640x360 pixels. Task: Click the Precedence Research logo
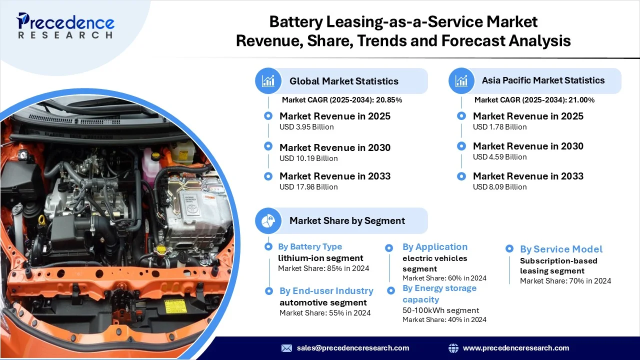[x=65, y=25]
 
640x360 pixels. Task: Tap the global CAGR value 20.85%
[x=389, y=100]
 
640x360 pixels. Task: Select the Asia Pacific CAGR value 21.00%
[x=581, y=100]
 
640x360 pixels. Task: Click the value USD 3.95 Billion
[x=306, y=127]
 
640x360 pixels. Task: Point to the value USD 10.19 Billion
[x=308, y=158]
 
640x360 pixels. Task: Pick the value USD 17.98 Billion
[x=308, y=187]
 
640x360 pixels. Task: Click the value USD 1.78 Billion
[x=499, y=127]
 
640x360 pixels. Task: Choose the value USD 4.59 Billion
[x=499, y=157]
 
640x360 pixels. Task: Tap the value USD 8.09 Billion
[x=499, y=187]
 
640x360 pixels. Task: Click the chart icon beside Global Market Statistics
[x=268, y=81]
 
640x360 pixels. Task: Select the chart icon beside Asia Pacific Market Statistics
[x=461, y=81]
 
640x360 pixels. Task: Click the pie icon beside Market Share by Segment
[x=268, y=220]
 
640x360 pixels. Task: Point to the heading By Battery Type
[x=310, y=246]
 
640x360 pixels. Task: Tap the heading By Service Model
[x=561, y=249]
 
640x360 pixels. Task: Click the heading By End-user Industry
[x=326, y=291]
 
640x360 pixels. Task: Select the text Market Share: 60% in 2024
[x=444, y=278]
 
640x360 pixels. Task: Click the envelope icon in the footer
[x=286, y=348]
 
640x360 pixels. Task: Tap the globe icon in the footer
[x=453, y=348]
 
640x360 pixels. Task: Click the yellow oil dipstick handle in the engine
[x=41, y=220]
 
